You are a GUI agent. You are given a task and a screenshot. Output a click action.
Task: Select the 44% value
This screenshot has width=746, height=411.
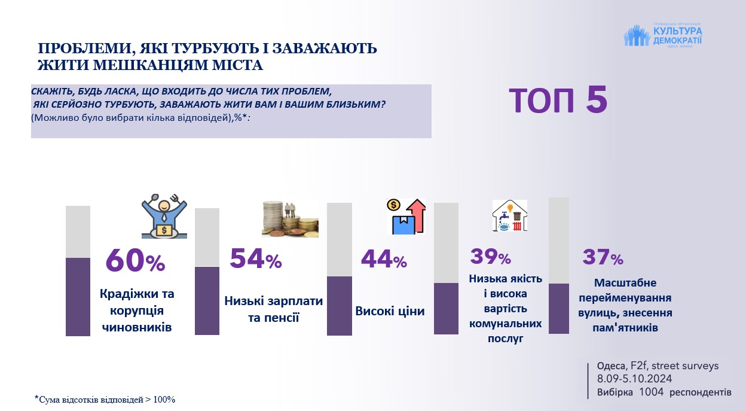coord(384,259)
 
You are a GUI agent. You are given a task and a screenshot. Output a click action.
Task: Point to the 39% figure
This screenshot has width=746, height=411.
coord(490,257)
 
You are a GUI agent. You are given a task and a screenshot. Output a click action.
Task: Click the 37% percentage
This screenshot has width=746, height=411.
coord(603,258)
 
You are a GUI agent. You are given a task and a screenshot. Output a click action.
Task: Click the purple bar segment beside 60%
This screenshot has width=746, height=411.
coord(78,297)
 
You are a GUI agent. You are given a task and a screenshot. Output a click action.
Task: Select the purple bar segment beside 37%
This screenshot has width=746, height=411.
coord(559,308)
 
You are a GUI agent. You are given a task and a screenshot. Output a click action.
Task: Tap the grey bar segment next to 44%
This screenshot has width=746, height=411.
coord(340,239)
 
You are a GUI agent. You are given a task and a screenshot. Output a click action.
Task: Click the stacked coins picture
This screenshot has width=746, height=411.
coord(289,219)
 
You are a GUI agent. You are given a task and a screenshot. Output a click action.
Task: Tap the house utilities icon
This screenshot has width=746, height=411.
coord(509,216)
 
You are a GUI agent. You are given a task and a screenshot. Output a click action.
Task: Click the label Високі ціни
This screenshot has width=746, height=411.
coord(390,311)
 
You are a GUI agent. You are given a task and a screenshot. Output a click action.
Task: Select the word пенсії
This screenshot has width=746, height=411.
coord(273,316)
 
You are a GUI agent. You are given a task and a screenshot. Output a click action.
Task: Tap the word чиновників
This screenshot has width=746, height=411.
coord(137,327)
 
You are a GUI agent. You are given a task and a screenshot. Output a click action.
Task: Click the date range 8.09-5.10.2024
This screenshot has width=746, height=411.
coord(634,379)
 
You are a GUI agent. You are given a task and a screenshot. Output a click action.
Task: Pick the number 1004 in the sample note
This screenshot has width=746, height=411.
coord(650,392)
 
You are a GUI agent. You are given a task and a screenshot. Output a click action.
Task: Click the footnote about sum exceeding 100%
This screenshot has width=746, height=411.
coord(105,399)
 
